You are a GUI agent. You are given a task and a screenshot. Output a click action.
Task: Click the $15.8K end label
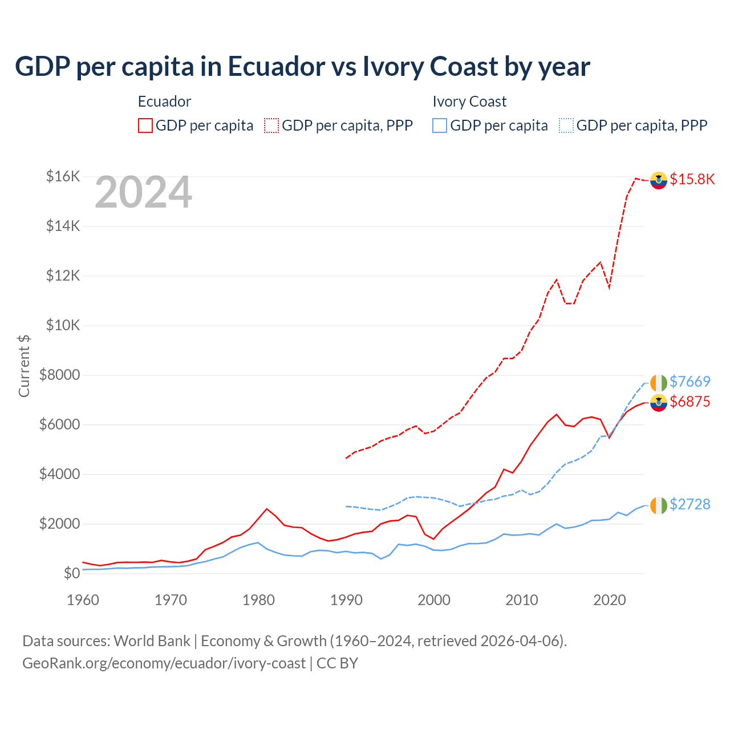[692, 179]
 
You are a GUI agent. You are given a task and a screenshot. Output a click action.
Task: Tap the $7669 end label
[690, 382]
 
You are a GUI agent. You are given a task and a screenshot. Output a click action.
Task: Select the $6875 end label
[690, 401]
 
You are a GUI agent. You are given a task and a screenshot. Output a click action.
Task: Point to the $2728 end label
[690, 504]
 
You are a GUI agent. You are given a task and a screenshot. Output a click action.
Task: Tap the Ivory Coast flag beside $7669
[659, 383]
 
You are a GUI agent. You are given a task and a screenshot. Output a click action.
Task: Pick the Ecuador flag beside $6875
[659, 403]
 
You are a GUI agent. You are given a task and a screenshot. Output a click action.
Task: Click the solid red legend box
[145, 125]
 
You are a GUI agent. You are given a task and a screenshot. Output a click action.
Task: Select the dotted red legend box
[271, 125]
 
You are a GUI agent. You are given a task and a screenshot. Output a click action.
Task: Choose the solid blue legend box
[440, 125]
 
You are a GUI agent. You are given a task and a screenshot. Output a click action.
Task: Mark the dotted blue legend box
[566, 125]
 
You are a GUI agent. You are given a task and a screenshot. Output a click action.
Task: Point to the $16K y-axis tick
[63, 176]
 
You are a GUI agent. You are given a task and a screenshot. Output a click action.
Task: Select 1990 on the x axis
[346, 600]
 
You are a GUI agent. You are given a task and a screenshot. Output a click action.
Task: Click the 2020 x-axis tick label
[610, 600]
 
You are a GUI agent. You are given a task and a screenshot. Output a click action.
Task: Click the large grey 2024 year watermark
[143, 193]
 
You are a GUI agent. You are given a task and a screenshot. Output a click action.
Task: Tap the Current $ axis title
[24, 366]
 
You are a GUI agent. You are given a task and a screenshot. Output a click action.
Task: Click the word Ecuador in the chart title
[277, 66]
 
